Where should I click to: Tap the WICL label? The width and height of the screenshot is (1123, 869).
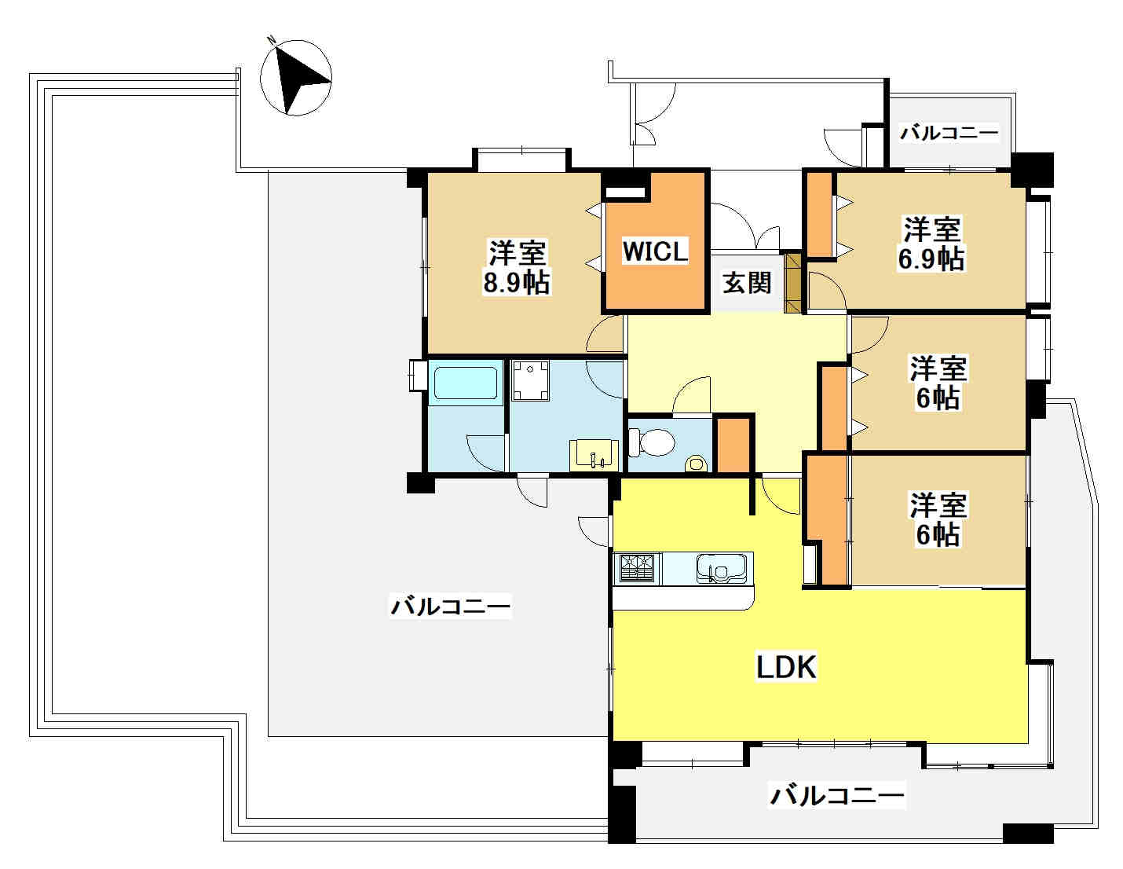click(x=655, y=251)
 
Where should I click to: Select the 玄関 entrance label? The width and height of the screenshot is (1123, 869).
click(x=747, y=283)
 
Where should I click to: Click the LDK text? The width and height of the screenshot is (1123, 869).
click(x=786, y=666)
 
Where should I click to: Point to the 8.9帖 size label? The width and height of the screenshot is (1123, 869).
click(x=516, y=282)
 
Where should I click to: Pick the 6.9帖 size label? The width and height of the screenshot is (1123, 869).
click(x=931, y=258)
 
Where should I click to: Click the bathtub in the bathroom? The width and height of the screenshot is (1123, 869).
click(x=466, y=383)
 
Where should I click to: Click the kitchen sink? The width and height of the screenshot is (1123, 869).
click(x=722, y=568)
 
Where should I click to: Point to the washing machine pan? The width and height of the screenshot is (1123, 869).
click(x=530, y=382)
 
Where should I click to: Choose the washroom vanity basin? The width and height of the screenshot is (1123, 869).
click(x=594, y=456)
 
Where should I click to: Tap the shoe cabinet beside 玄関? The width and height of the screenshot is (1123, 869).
click(x=792, y=283)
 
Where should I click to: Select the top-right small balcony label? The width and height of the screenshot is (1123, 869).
click(x=949, y=133)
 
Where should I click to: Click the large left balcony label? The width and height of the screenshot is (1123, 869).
click(x=450, y=606)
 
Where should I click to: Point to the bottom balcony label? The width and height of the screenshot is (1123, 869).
click(x=836, y=795)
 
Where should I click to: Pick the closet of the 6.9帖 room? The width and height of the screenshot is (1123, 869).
click(x=819, y=214)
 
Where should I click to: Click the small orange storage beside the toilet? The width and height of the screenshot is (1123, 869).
click(x=733, y=445)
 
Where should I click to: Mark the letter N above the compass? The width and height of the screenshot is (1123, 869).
click(x=270, y=39)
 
